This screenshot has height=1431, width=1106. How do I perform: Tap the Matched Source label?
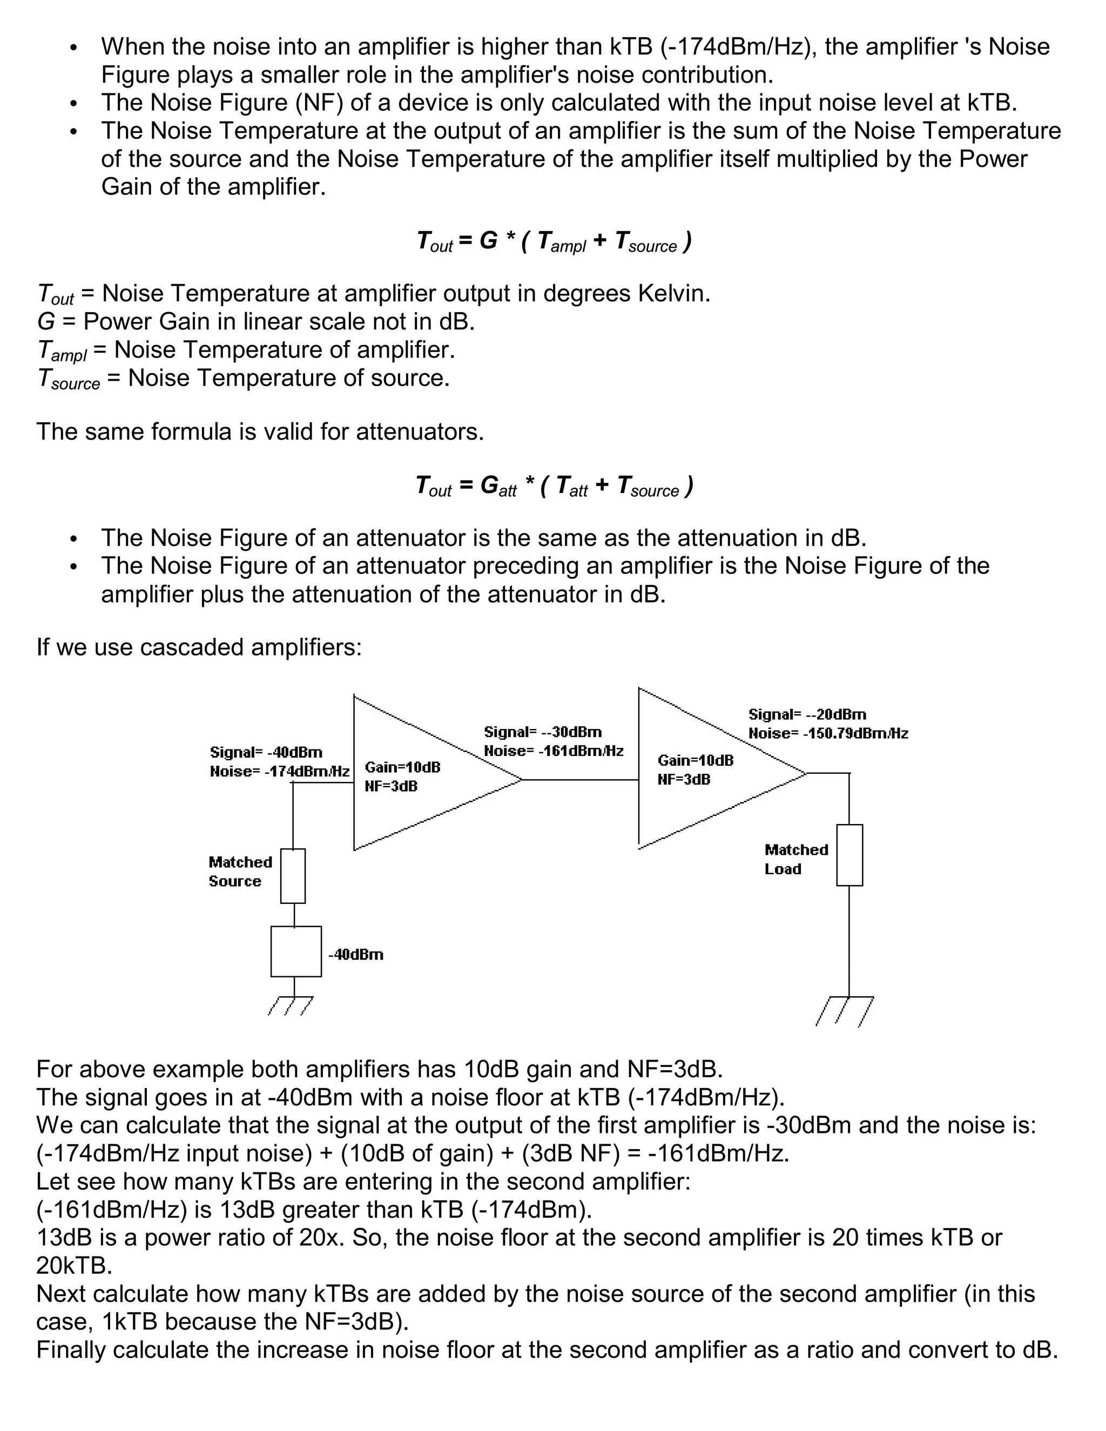pyautogui.click(x=240, y=872)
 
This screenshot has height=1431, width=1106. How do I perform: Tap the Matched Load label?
pyautogui.click(x=796, y=859)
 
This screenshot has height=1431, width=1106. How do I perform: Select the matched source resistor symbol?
pyautogui.click(x=293, y=876)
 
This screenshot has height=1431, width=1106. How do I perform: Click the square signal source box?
pyautogui.click(x=295, y=951)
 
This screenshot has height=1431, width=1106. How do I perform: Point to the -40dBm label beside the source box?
pyautogui.click(x=356, y=955)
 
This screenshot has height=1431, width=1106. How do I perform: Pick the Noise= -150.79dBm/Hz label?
pyautogui.click(x=828, y=733)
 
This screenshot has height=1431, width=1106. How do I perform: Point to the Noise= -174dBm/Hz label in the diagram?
pyautogui.click(x=280, y=771)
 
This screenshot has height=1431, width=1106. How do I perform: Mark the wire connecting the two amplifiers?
pyautogui.click(x=581, y=780)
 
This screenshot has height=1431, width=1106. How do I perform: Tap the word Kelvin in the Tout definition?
pyautogui.click(x=673, y=294)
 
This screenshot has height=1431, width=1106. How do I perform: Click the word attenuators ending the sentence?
pyautogui.click(x=419, y=432)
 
